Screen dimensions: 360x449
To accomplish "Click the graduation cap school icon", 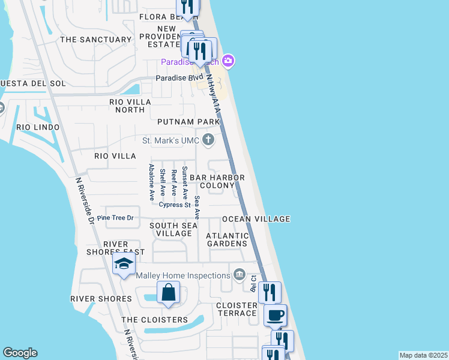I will [x=124, y=264].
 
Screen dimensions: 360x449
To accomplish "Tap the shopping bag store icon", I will [x=169, y=293].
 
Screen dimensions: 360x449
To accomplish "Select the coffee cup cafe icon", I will [x=276, y=314].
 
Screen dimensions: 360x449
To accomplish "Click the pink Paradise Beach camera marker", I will [x=228, y=61].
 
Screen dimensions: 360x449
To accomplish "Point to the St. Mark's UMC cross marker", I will [x=208, y=140].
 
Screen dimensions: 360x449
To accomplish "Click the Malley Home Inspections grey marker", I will [x=240, y=275].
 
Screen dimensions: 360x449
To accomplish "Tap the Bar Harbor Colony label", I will [x=217, y=182].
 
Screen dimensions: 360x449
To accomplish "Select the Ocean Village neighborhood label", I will [x=256, y=219].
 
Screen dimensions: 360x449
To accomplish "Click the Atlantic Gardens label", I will [x=227, y=239].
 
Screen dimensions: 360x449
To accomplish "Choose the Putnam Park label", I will [x=188, y=122].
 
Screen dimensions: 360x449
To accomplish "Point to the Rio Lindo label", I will [x=38, y=127].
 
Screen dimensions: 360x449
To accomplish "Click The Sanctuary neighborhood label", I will [x=95, y=40].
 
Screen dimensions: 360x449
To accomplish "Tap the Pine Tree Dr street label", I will [x=115, y=218].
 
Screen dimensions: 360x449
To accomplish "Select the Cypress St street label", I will [x=174, y=205].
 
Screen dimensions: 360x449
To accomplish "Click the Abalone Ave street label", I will [x=151, y=182].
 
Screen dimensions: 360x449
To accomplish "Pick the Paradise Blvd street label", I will [x=179, y=78].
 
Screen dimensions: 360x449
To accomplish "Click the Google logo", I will [x=20, y=353].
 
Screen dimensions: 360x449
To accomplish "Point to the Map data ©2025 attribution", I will [x=423, y=355].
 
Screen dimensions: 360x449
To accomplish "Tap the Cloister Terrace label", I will [x=237, y=310].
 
